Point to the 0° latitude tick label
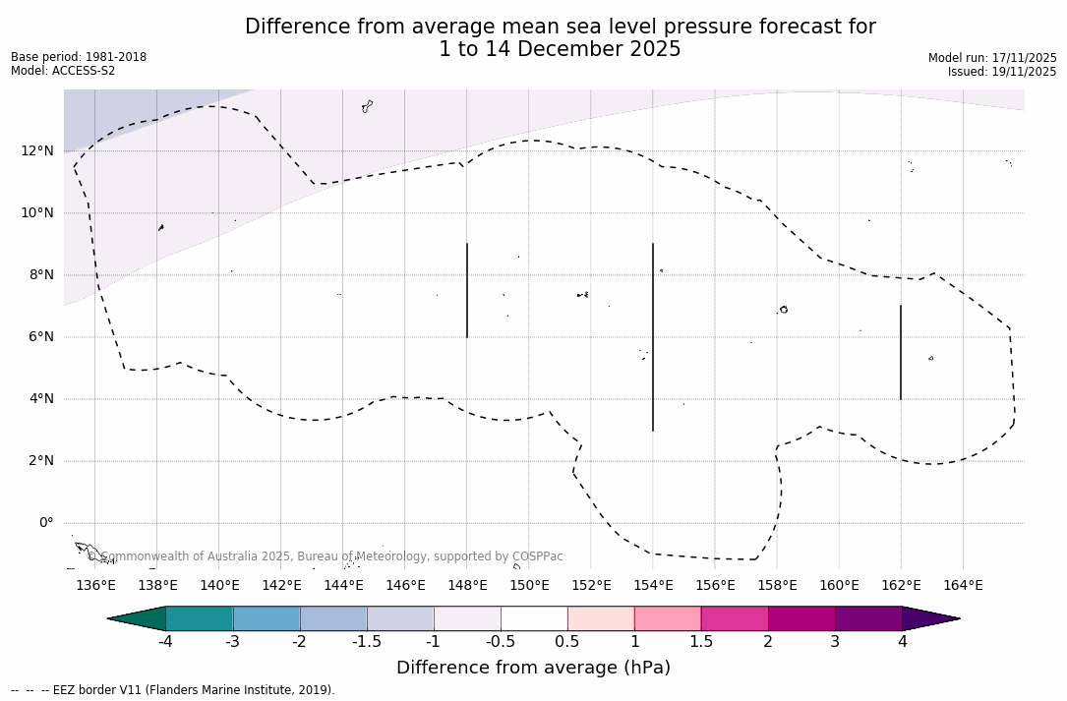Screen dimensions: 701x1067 [45, 522]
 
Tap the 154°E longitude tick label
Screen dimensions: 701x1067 [653, 585]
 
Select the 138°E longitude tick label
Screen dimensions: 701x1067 [157, 585]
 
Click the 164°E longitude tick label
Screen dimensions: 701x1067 [963, 585]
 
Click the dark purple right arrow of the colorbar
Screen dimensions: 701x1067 [928, 618]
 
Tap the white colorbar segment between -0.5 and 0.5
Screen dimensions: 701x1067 [534, 618]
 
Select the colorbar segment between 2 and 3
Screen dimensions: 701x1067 [800, 618]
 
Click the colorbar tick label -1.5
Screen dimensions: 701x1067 [367, 642]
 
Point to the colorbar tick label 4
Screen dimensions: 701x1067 [902, 642]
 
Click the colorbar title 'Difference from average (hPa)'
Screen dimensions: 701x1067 [533, 668]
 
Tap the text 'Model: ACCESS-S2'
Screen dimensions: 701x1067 [63, 71]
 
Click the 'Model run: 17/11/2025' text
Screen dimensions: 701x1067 [992, 58]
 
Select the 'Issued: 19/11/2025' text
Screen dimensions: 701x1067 [1002, 72]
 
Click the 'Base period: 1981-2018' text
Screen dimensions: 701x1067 [79, 57]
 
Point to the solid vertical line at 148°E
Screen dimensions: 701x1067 [467, 290]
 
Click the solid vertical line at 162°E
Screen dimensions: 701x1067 [901, 352]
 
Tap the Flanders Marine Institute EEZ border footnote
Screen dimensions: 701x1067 [173, 690]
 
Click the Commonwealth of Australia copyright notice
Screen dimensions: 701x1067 [326, 556]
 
